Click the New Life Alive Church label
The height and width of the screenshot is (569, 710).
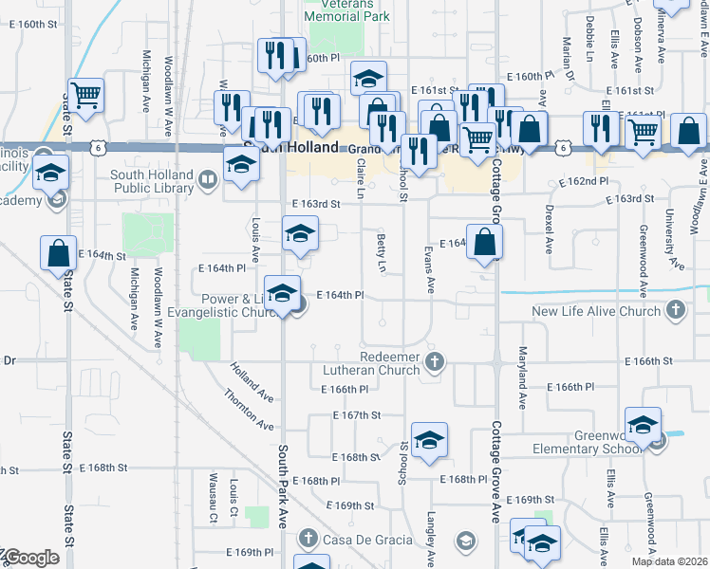tap(596, 311)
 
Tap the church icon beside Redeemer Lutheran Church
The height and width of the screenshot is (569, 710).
tap(435, 360)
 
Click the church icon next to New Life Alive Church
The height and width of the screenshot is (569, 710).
tap(675, 310)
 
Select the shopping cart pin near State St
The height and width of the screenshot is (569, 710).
tap(86, 96)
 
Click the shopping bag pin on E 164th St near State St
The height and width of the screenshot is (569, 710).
tap(59, 253)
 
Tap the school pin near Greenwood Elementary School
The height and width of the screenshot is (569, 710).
tap(643, 425)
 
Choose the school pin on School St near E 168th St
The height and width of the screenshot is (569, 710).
tap(429, 440)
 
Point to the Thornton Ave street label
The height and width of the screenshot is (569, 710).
tap(249, 411)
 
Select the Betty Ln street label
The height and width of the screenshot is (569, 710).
tap(382, 253)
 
